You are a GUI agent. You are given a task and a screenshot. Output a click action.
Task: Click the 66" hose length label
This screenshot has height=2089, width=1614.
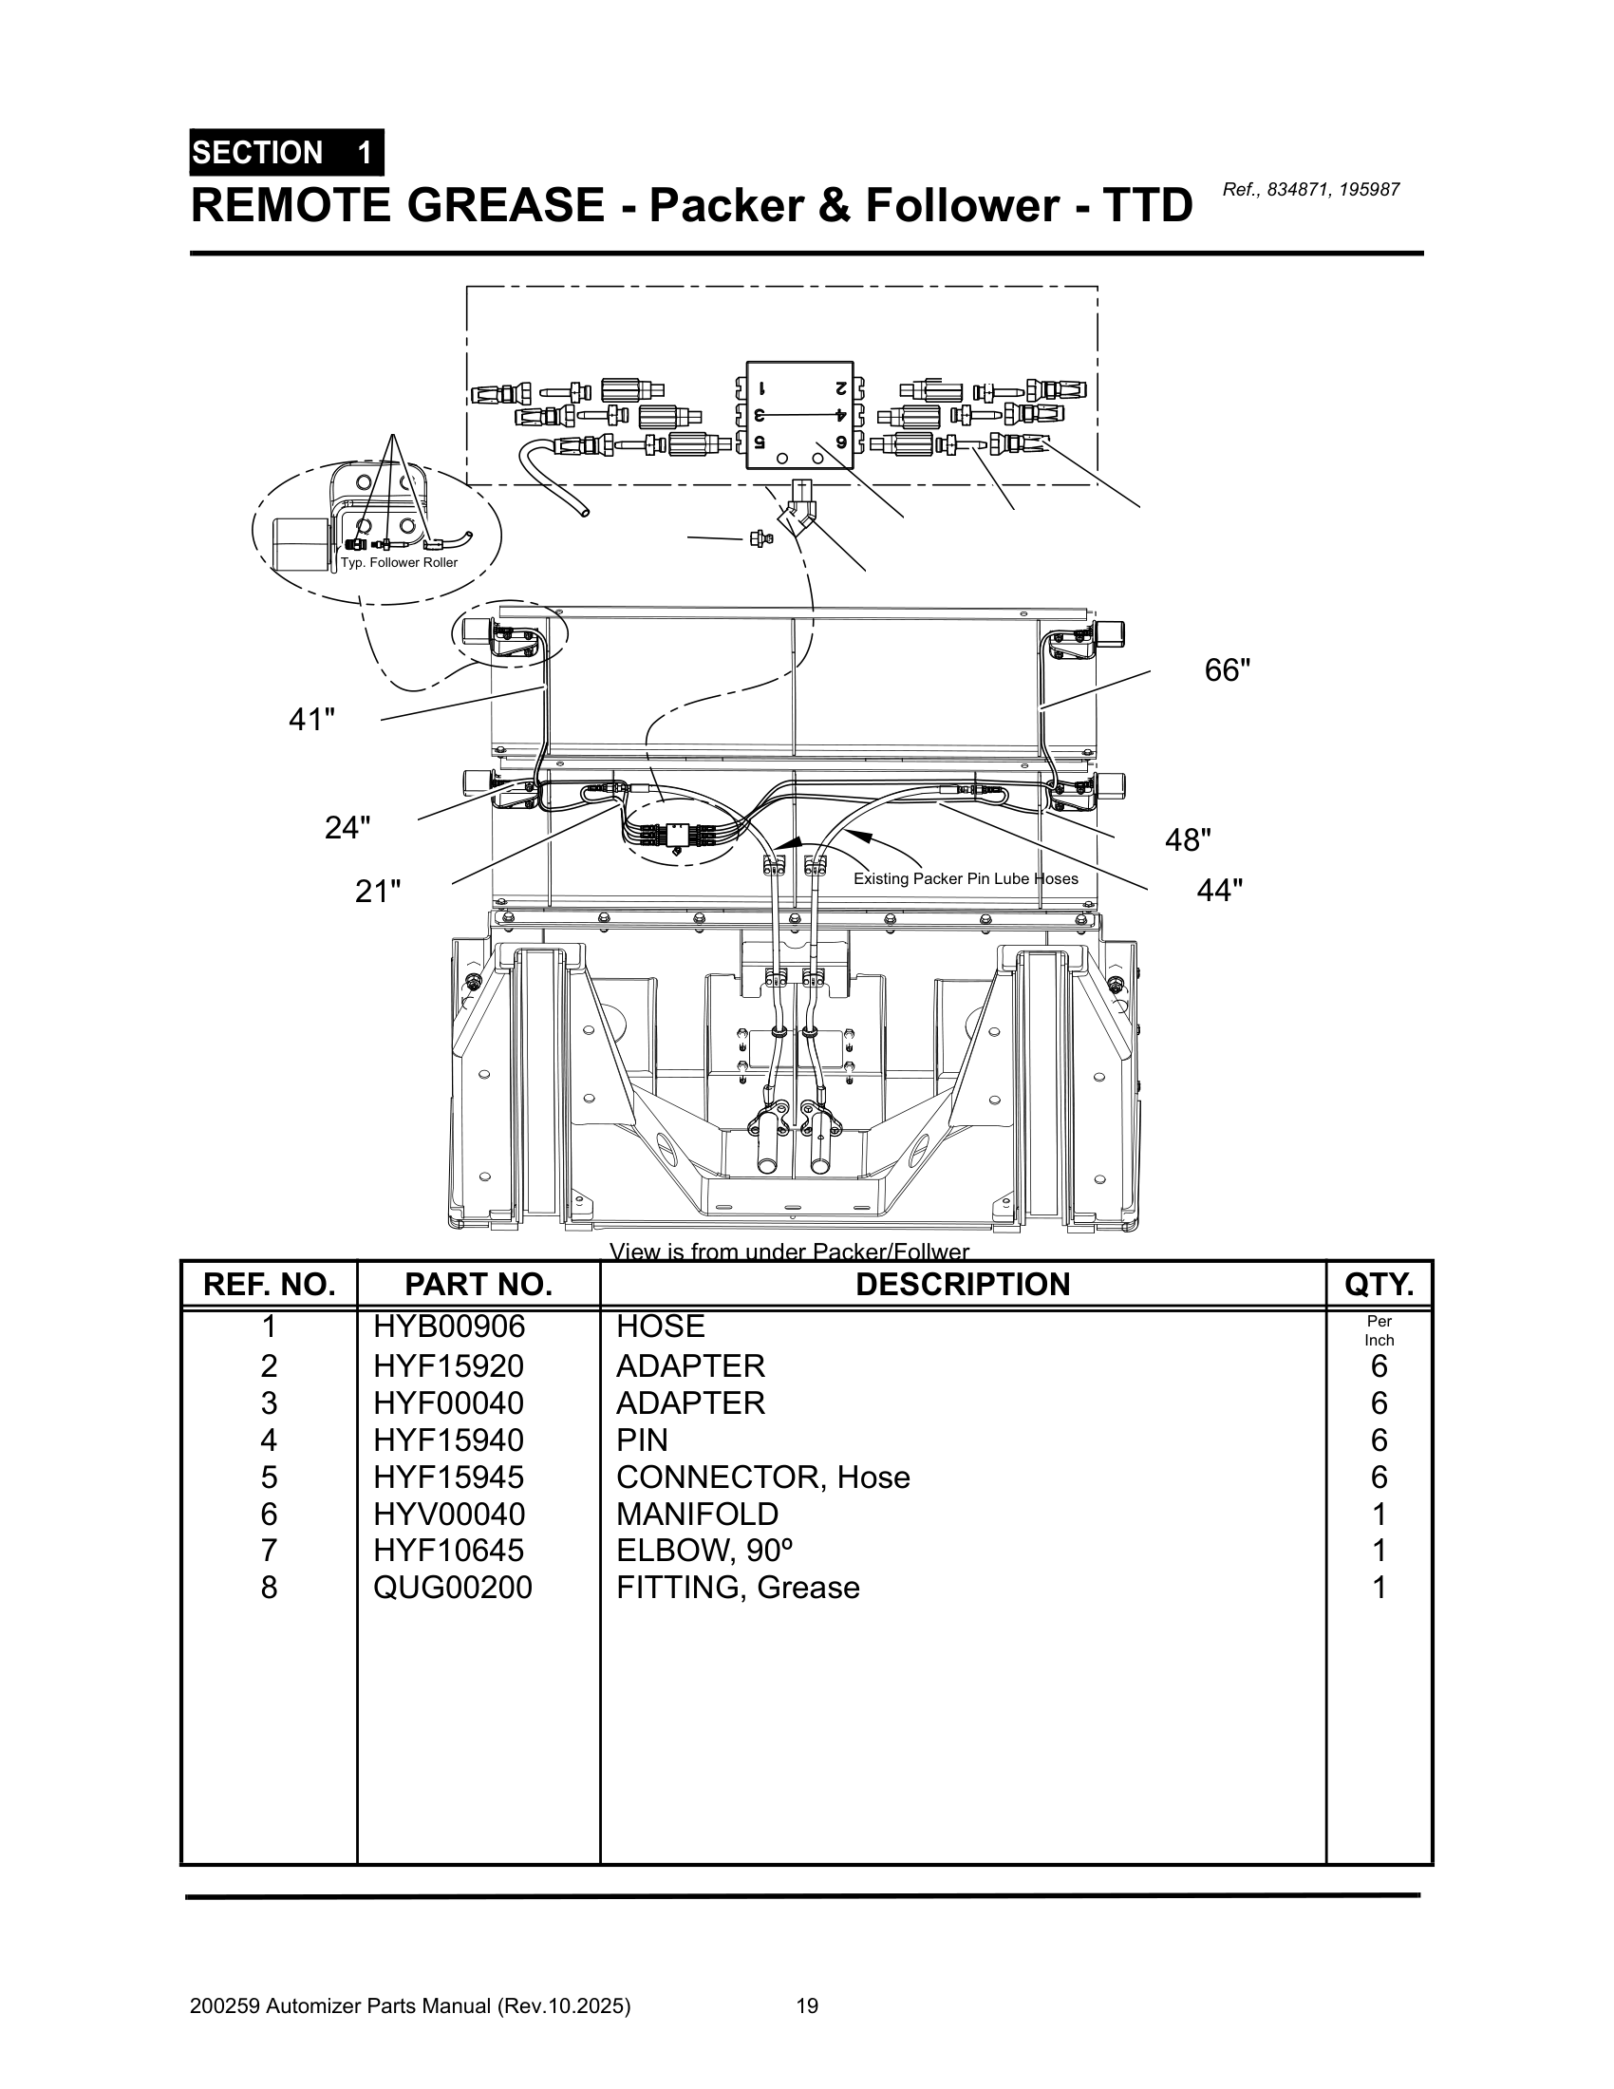tap(1227, 670)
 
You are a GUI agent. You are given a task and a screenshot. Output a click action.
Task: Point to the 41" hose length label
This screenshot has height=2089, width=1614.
tap(311, 720)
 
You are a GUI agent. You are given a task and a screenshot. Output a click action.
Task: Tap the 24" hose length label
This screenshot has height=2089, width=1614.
tap(348, 827)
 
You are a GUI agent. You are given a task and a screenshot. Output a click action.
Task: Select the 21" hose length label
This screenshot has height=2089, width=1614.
tap(378, 892)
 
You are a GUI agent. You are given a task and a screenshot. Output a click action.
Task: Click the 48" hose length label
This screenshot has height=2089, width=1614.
tap(1189, 839)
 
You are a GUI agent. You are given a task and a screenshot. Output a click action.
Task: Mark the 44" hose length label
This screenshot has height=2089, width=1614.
tap(1220, 891)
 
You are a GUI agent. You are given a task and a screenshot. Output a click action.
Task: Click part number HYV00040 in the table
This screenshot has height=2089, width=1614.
tap(449, 1515)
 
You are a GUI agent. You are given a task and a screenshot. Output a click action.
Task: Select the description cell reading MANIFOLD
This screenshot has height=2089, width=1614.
tap(697, 1515)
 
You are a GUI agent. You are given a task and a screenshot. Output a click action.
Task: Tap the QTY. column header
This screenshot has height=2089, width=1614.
tap(1379, 1285)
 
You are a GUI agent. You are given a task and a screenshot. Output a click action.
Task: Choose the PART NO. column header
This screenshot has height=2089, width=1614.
tap(479, 1285)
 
